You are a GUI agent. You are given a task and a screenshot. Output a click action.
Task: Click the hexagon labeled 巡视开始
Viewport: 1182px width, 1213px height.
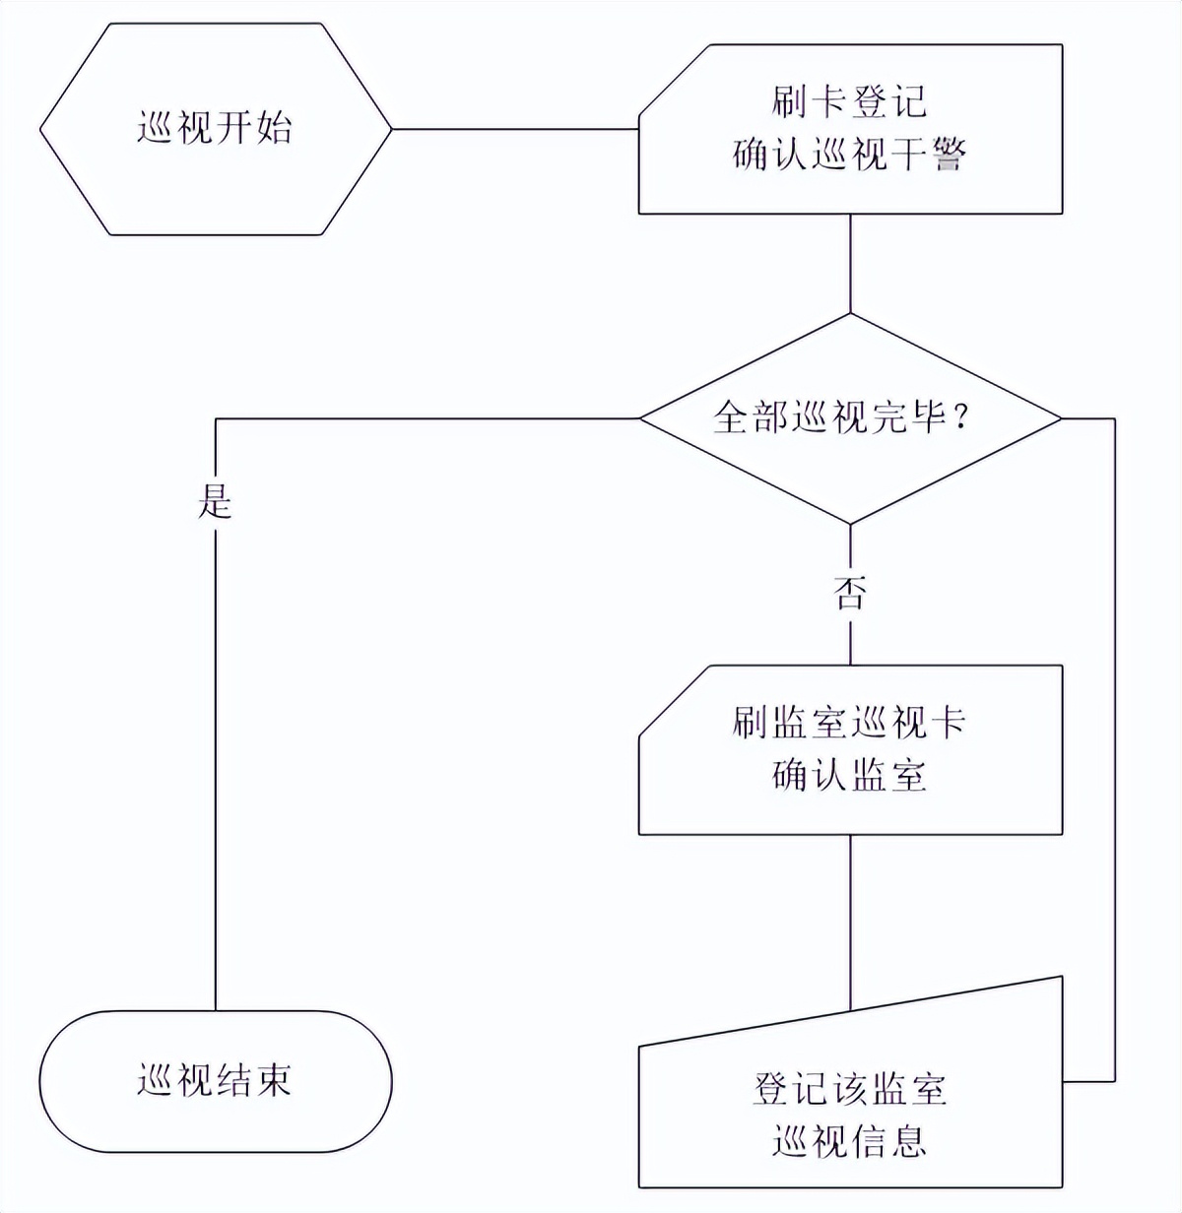click(215, 129)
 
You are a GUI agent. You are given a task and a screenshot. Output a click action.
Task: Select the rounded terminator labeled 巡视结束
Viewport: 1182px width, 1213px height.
click(215, 1081)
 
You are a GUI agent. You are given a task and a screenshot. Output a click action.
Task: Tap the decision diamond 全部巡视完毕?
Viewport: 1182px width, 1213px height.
click(850, 418)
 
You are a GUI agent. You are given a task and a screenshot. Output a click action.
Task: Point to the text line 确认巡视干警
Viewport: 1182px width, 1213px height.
click(849, 155)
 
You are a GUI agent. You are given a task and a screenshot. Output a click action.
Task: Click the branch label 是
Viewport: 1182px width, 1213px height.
click(215, 501)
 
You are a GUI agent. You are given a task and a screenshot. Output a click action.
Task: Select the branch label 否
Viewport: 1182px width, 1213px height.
click(850, 594)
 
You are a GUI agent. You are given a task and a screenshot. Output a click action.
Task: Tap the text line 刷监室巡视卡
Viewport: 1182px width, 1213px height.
click(849, 723)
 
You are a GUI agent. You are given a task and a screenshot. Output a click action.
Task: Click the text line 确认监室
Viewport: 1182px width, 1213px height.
click(849, 776)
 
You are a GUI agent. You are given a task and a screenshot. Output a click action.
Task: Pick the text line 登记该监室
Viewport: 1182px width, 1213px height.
click(849, 1089)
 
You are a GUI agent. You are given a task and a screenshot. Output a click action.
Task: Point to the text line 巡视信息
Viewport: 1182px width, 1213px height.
click(849, 1142)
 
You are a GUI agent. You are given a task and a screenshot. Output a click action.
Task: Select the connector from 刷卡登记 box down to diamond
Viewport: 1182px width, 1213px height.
click(850, 263)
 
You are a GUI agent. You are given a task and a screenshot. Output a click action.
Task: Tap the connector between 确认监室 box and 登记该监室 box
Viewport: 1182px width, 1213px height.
click(850, 921)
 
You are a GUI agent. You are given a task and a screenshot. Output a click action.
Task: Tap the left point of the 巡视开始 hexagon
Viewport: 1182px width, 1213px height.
click(42, 129)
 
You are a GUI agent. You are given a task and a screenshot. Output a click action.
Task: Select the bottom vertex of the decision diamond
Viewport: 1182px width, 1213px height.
click(850, 523)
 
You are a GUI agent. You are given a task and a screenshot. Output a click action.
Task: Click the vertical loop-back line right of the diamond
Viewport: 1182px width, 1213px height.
click(1114, 748)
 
